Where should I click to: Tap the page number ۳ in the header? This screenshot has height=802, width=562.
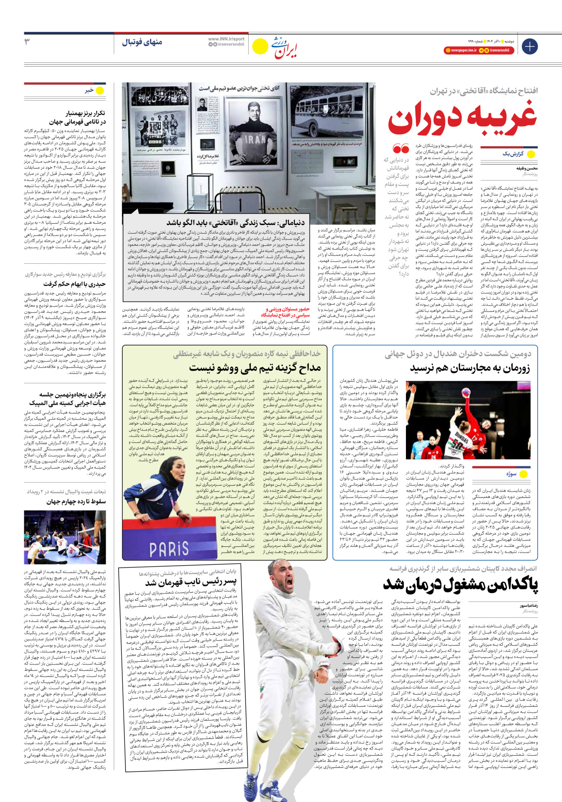click(27, 42)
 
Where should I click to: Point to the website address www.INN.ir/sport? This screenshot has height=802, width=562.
click(226, 39)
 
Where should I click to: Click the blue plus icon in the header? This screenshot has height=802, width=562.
click(529, 46)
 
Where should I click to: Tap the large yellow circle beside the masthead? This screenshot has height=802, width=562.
click(260, 46)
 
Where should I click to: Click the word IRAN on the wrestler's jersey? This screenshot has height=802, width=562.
click(255, 139)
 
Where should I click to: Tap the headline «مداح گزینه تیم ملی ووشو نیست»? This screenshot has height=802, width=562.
click(255, 368)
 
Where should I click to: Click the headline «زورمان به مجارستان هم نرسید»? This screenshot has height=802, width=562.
click(470, 368)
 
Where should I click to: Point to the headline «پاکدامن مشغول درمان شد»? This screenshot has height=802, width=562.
click(460, 585)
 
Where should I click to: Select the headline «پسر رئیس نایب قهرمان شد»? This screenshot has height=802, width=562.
click(191, 583)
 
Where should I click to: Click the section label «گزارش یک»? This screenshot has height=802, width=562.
click(513, 154)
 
